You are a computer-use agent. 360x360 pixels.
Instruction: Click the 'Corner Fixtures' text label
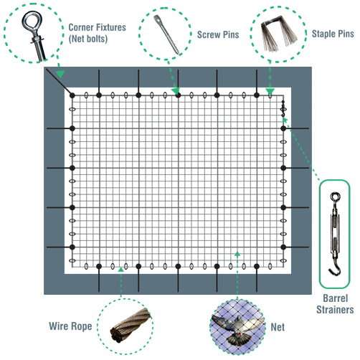click(97, 27)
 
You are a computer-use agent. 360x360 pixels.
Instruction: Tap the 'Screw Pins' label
click(218, 34)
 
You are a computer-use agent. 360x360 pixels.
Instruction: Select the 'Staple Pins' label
click(333, 34)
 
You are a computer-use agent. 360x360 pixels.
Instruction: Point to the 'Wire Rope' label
click(70, 326)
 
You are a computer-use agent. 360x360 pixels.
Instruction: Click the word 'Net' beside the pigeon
click(278, 327)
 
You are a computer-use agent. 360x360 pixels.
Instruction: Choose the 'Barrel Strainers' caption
click(335, 304)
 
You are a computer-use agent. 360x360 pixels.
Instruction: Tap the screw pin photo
click(167, 34)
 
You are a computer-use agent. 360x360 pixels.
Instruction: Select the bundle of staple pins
click(279, 34)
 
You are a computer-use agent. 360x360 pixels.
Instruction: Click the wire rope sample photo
click(131, 325)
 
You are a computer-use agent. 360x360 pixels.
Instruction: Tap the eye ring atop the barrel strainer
click(335, 197)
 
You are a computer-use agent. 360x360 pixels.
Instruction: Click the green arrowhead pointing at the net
click(237, 254)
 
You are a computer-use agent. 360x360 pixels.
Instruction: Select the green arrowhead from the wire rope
click(121, 270)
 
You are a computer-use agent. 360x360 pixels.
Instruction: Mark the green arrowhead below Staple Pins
click(270, 92)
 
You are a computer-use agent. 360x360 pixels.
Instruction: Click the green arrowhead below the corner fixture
click(60, 74)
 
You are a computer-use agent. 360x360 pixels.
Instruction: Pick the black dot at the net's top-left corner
click(72, 95)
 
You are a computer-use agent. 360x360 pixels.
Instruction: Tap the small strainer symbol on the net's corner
click(283, 109)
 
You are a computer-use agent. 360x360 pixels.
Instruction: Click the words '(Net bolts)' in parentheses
click(88, 39)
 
